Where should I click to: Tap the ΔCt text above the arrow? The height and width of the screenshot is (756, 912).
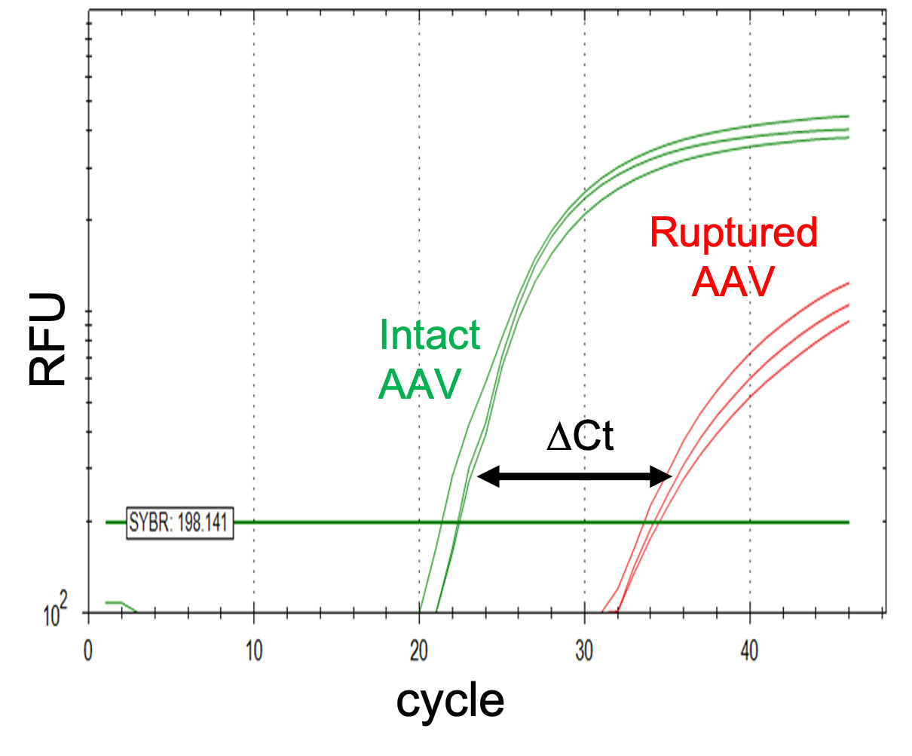pyautogui.click(x=580, y=437)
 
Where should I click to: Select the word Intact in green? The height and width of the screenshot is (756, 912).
pyautogui.click(x=429, y=335)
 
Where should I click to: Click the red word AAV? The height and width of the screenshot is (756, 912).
pyautogui.click(x=733, y=283)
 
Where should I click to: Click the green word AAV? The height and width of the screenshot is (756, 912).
pyautogui.click(x=419, y=384)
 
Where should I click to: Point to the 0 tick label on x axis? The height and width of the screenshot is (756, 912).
pyautogui.click(x=88, y=652)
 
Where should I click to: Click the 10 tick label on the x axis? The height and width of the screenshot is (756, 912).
pyautogui.click(x=254, y=652)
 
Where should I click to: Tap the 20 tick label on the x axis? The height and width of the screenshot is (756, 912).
pyautogui.click(x=419, y=652)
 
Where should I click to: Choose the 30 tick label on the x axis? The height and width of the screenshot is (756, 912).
pyautogui.click(x=584, y=652)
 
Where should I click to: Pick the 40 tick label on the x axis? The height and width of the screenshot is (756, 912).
pyautogui.click(x=749, y=652)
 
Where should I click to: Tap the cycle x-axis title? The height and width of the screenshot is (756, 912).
pyautogui.click(x=450, y=701)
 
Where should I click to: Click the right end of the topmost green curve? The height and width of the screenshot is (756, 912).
pyautogui.click(x=847, y=116)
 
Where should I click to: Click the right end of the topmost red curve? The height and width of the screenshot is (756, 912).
pyautogui.click(x=847, y=284)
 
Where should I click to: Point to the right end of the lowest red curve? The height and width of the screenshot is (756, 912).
pyautogui.click(x=847, y=322)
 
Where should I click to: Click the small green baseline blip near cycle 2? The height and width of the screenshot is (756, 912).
pyautogui.click(x=117, y=604)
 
